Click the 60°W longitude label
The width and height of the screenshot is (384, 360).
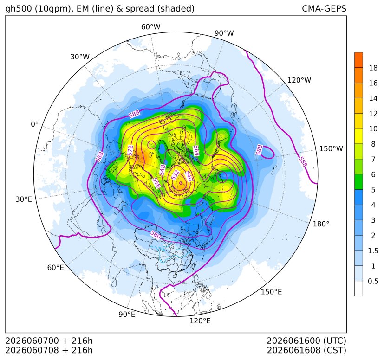click(150, 27)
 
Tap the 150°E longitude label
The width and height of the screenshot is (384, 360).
click(271, 292)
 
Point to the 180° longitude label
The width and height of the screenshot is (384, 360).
click(321, 224)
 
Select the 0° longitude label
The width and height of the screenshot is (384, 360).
click(34, 124)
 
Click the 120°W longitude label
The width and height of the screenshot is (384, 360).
click(299, 80)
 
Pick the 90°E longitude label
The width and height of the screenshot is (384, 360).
click(127, 314)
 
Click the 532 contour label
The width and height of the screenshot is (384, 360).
click(176, 175)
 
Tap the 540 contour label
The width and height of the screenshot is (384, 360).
click(189, 176)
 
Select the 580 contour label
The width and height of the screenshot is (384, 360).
click(156, 235)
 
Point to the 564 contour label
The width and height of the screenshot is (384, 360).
click(196, 150)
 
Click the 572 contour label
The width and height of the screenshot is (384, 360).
click(130, 150)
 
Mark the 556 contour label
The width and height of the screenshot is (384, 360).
click(156, 183)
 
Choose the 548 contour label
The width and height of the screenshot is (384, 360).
click(162, 170)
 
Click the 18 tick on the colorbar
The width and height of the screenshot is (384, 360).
click(373, 68)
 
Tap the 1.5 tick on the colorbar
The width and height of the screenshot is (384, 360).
click(373, 251)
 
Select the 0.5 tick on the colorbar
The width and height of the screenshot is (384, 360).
click(373, 281)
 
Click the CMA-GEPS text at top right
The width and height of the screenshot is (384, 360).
click(324, 9)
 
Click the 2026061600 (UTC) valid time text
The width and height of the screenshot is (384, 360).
click(306, 341)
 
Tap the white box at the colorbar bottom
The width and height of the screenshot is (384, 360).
click(358, 289)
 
